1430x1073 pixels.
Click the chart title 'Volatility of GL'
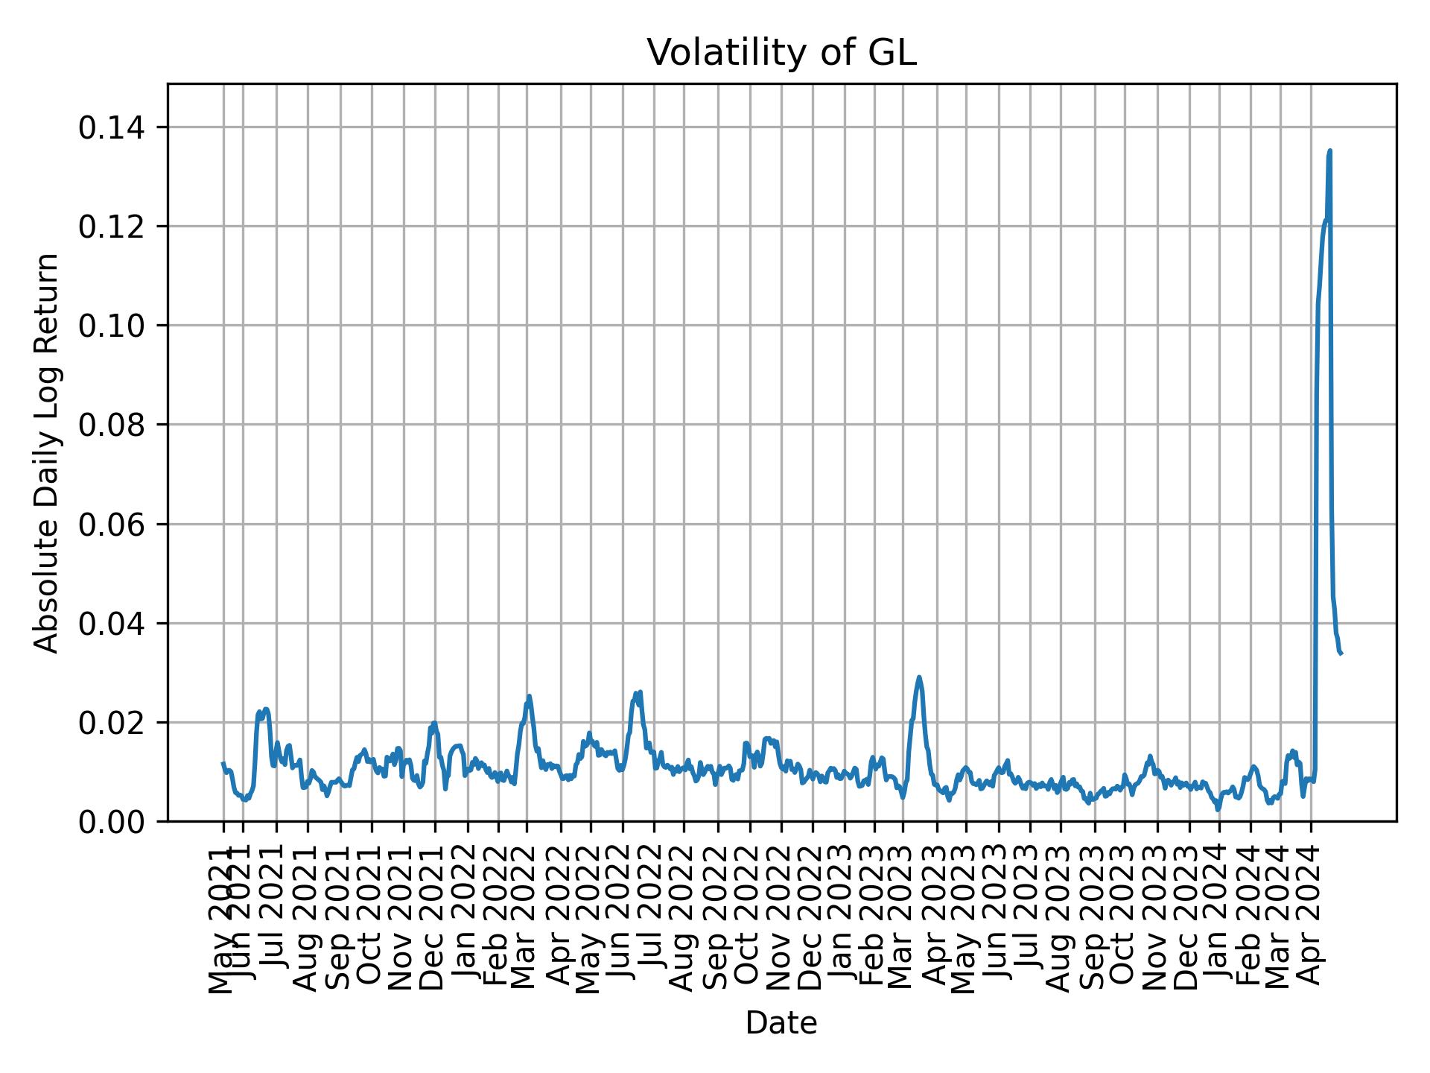click(x=781, y=53)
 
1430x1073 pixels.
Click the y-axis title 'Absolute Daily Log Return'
click(x=47, y=453)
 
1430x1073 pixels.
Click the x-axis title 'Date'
click(x=781, y=1023)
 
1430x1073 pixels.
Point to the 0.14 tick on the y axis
click(x=112, y=127)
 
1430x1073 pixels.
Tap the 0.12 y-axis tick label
click(x=112, y=227)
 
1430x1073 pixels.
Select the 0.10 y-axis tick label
click(x=112, y=326)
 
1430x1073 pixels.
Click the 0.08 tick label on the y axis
click(x=112, y=425)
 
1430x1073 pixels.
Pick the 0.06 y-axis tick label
click(x=112, y=524)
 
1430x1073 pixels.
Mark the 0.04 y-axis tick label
click(x=112, y=623)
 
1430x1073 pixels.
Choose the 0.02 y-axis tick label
click(x=112, y=722)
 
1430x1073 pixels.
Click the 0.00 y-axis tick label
click(x=112, y=821)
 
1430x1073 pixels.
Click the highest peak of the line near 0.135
click(x=1329, y=151)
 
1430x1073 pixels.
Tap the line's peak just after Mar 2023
click(x=919, y=677)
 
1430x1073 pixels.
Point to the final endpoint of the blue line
click(x=1341, y=653)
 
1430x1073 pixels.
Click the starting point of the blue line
click(x=223, y=763)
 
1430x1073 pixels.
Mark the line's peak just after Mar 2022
click(x=529, y=696)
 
